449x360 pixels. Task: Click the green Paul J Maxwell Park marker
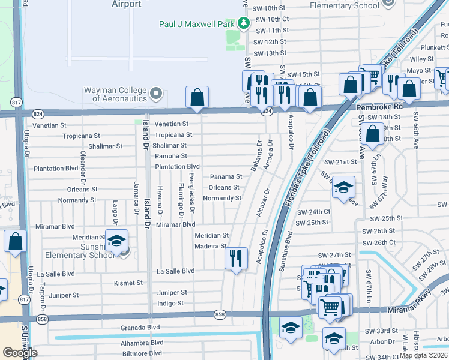click(244, 23)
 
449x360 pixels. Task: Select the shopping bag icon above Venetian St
click(197, 98)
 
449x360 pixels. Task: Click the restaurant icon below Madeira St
click(235, 259)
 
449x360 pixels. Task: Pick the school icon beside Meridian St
click(116, 241)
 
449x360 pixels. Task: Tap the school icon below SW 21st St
click(343, 188)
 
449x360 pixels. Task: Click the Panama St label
click(226, 177)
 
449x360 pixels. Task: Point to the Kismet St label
click(128, 283)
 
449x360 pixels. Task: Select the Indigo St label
click(170, 304)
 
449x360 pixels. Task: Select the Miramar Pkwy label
click(426, 308)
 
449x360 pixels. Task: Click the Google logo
click(19, 353)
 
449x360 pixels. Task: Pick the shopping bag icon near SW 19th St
click(373, 134)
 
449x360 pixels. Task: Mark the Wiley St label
click(422, 59)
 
